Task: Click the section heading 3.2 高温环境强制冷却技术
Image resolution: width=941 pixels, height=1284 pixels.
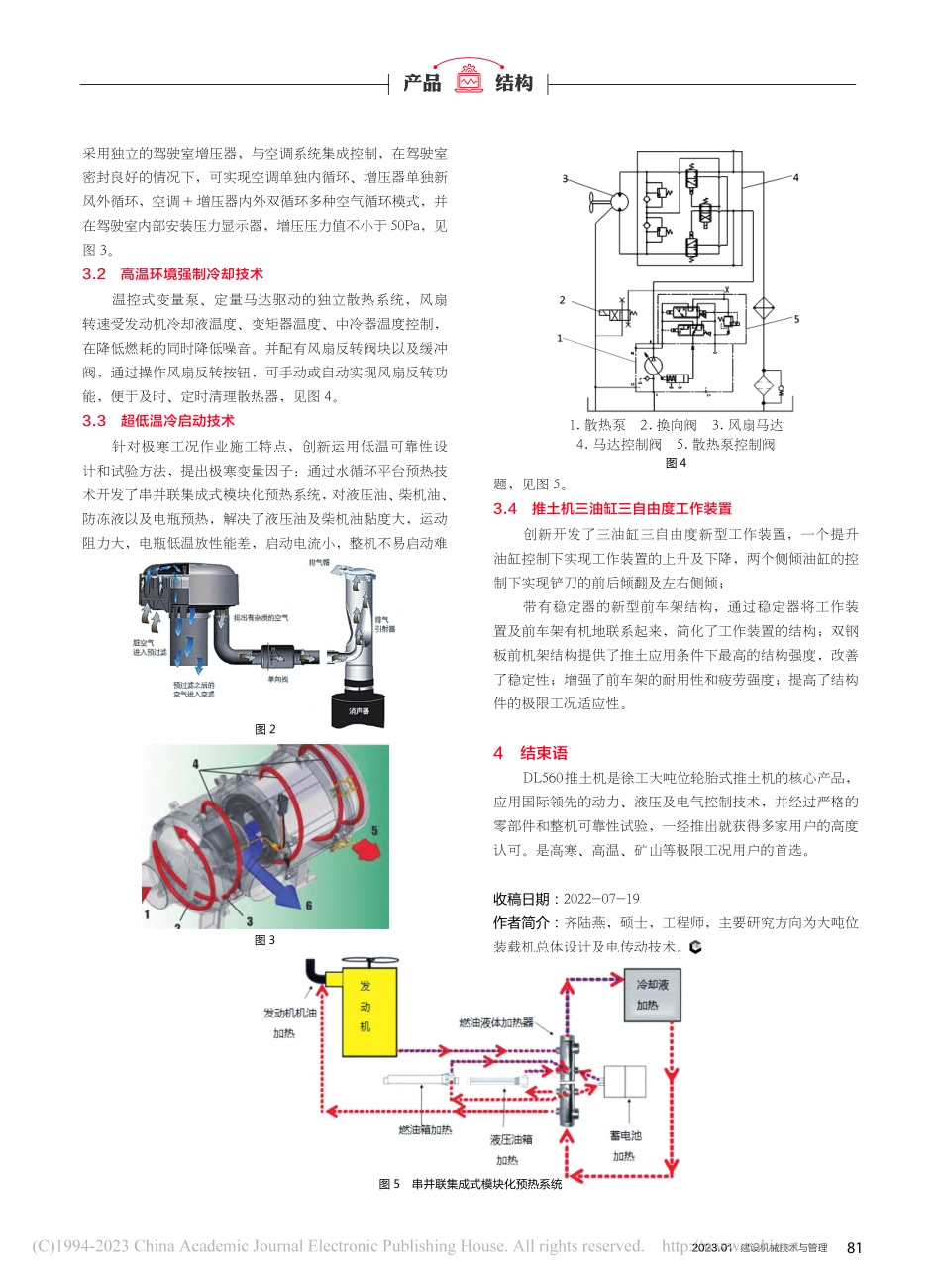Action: click(x=173, y=274)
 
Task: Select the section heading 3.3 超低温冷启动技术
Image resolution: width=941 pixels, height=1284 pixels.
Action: click(x=158, y=421)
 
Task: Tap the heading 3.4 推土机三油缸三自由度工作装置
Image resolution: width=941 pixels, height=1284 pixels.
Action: click(x=612, y=509)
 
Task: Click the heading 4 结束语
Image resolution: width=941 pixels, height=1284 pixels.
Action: click(x=531, y=753)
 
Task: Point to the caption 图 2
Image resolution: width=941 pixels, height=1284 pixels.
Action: click(x=264, y=729)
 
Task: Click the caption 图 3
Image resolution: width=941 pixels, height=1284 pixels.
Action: click(x=264, y=940)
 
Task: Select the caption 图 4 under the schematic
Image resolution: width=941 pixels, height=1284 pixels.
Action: click(x=676, y=463)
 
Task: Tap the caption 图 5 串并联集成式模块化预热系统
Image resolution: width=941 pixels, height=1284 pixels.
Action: click(x=470, y=1184)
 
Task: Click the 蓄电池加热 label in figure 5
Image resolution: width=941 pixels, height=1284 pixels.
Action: click(x=626, y=1145)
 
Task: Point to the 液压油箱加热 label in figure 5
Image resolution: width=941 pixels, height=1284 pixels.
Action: click(x=509, y=1149)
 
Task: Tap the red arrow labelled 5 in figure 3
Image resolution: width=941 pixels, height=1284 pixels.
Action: click(x=365, y=848)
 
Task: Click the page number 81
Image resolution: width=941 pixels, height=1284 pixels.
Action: click(x=855, y=1248)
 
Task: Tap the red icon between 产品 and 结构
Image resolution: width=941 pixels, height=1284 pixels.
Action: click(x=469, y=81)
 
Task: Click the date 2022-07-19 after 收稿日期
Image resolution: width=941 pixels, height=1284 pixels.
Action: click(x=601, y=900)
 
